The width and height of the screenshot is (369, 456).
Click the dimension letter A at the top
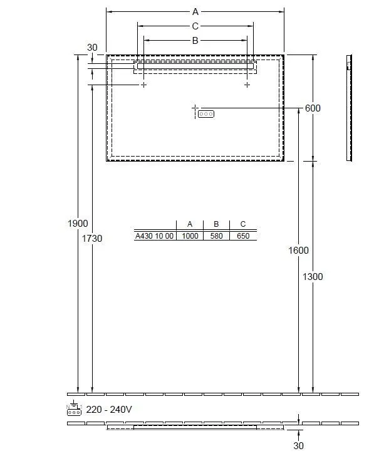[195, 12]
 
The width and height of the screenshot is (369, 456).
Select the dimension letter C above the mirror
[195, 26]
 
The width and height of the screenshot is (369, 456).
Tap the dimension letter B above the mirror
[195, 41]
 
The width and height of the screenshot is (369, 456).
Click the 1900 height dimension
[78, 224]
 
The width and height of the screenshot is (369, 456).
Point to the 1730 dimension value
[92, 239]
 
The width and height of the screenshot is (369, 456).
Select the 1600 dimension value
[298, 251]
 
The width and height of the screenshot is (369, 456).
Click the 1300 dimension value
[313, 277]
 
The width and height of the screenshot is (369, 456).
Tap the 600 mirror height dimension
[313, 108]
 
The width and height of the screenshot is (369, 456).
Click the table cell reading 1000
[190, 236]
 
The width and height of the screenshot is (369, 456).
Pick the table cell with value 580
[216, 236]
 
